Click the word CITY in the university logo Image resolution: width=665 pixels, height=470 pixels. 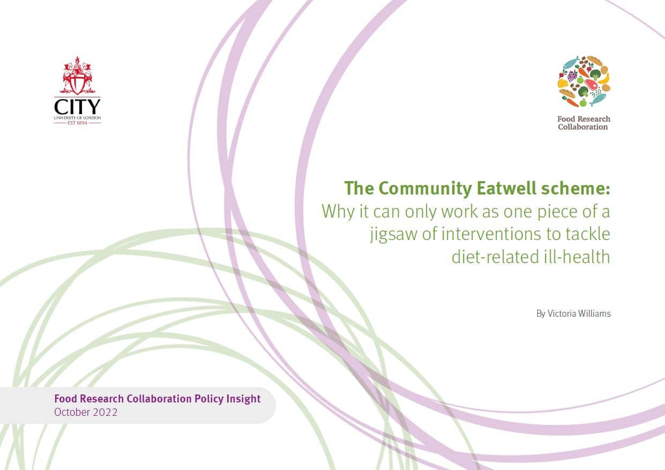(x=77, y=107)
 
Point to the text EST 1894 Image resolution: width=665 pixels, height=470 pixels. (x=78, y=123)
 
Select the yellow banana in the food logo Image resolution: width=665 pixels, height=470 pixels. (x=604, y=78)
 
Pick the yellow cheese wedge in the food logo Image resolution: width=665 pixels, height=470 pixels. (x=563, y=83)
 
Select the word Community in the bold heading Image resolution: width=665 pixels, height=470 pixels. (x=425, y=189)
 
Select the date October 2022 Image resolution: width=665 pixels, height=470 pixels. (x=86, y=412)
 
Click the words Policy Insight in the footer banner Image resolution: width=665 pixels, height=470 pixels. (x=227, y=399)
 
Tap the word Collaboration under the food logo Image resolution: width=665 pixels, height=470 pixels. (x=583, y=127)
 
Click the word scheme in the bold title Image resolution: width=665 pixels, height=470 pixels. (x=574, y=188)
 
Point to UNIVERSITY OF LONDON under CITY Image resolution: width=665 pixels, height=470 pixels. (x=78, y=118)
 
